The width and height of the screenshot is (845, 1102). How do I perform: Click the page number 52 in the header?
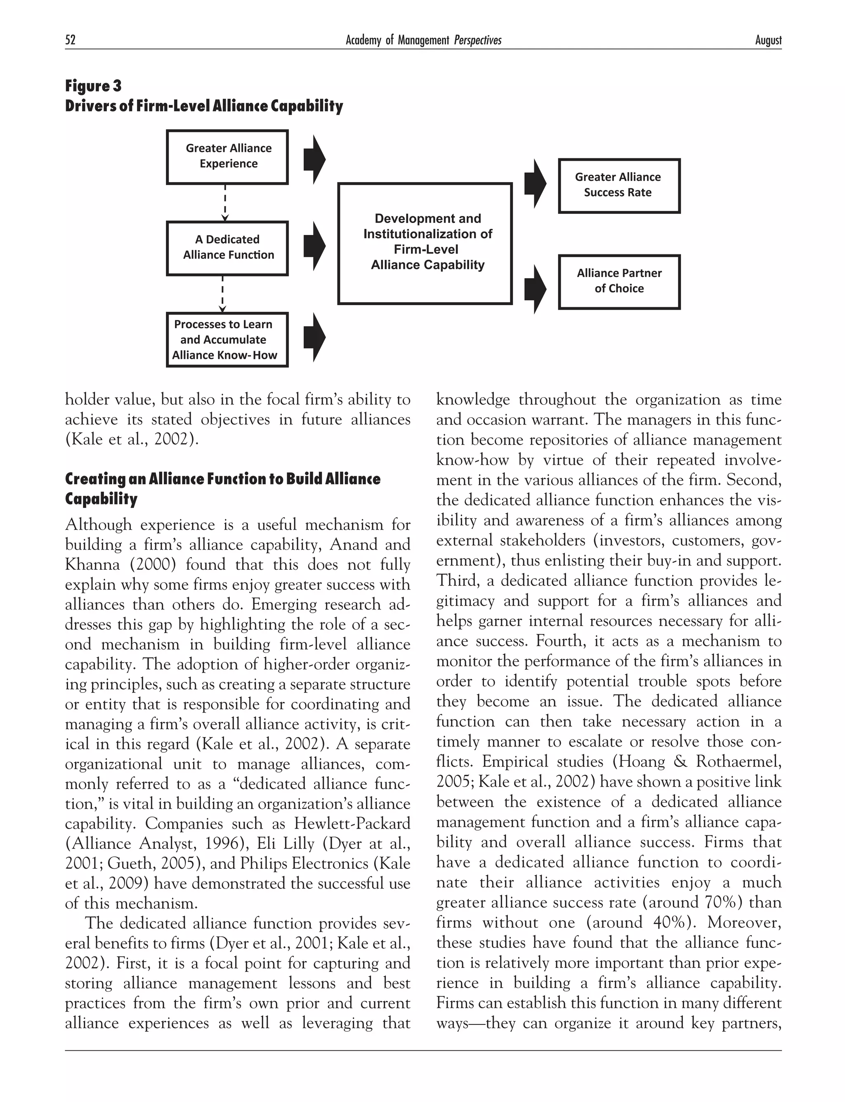71,40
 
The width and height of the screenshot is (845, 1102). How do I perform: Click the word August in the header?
768,40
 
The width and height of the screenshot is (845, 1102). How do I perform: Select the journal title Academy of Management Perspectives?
423,40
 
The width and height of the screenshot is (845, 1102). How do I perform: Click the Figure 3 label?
94,86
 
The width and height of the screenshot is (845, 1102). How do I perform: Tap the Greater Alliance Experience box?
227,157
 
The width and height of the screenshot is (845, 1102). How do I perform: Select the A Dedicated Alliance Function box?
227,248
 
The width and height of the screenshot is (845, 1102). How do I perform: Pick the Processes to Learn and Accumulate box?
227,340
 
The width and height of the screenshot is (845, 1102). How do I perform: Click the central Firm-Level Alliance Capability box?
425,244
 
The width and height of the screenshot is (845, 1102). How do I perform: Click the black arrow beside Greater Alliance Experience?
314,159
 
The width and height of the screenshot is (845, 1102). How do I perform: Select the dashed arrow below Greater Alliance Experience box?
225,203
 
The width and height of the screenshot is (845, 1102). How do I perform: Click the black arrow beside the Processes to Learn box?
314,337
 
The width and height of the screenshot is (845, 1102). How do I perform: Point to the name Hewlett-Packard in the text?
352,824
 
